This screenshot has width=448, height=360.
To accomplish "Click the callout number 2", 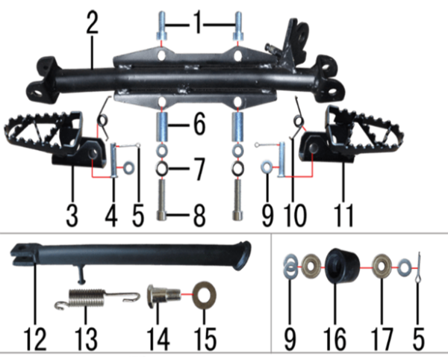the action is point(93,22).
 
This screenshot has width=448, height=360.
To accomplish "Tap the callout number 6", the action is point(199,124).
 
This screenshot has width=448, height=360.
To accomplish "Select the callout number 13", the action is point(86,338).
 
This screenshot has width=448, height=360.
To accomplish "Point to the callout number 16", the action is point(335,338).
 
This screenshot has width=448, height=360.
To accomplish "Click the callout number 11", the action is point(343,215).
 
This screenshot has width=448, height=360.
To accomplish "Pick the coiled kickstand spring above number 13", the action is point(97,299).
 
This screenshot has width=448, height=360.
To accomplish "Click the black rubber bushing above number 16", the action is point(342,266).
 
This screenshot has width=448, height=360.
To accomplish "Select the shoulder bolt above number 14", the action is point(164,296).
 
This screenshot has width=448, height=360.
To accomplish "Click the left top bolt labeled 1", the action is point(161,26).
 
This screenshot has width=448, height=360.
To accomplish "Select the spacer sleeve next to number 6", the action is point(162,126).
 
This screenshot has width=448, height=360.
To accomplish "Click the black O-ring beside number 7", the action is point(162,169).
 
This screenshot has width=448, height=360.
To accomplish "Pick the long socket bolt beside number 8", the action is point(162,199).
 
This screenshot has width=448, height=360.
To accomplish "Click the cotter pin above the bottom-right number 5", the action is point(418,269).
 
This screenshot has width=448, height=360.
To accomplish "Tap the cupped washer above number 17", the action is point(382,267).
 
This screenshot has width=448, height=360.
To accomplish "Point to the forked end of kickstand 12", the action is point(22,254).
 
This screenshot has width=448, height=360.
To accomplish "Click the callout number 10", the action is point(295,215).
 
